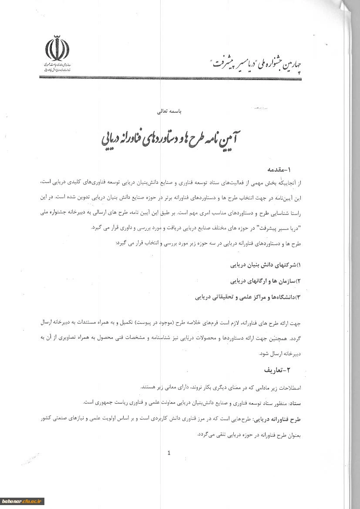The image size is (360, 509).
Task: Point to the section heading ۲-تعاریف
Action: click(x=279, y=370)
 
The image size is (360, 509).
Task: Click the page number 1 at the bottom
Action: click(x=169, y=453)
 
